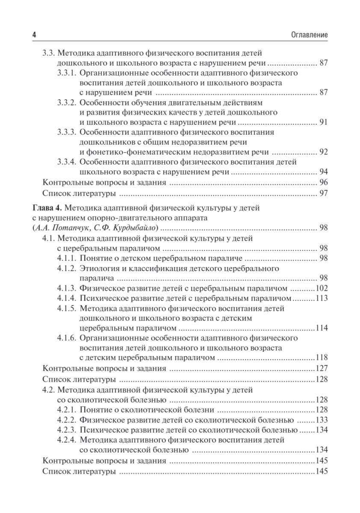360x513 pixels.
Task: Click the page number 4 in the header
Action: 34,35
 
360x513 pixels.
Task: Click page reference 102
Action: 321,288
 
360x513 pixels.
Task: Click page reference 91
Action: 323,123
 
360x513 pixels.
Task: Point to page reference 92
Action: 323,152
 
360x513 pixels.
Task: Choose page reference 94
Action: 323,172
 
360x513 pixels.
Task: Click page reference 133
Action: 321,419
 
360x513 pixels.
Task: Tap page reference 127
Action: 321,369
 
